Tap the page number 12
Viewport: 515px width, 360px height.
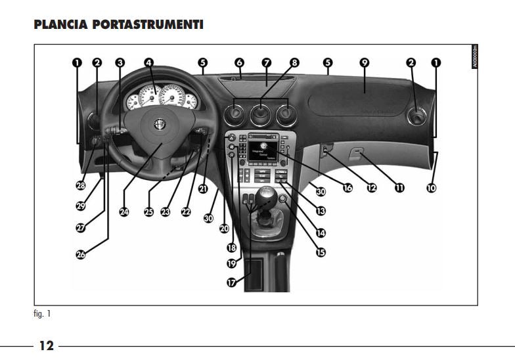46,346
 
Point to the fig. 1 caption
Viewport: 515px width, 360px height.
42,314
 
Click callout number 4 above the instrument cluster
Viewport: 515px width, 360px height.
149,63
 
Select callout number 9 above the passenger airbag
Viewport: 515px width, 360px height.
365,63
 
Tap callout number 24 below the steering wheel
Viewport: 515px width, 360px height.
125,212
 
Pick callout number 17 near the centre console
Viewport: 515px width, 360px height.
232,282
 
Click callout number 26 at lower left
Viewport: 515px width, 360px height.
81,254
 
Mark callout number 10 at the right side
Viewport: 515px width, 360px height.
431,188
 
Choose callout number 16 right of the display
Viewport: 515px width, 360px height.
347,188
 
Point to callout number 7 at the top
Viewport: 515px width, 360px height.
266,63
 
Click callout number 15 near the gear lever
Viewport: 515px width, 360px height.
321,251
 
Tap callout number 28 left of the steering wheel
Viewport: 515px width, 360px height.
81,186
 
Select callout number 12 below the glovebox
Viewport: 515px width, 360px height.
372,188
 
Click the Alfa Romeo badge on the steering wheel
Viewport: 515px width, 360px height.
158,125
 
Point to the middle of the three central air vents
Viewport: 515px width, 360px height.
261,114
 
